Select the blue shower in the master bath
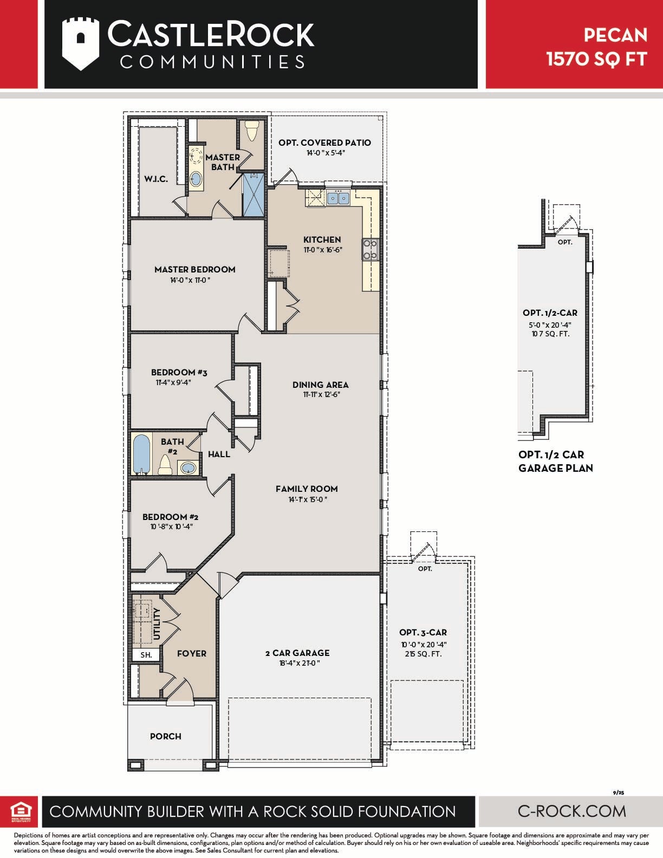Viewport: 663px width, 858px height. pyautogui.click(x=253, y=194)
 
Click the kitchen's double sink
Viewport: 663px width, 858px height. pyautogui.click(x=338, y=197)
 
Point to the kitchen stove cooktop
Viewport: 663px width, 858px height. pyautogui.click(x=370, y=249)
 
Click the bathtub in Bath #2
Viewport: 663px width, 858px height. pyautogui.click(x=141, y=454)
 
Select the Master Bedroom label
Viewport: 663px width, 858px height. pyautogui.click(x=194, y=270)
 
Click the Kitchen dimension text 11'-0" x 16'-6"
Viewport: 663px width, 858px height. pyautogui.click(x=323, y=250)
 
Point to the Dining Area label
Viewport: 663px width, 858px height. pyautogui.click(x=320, y=385)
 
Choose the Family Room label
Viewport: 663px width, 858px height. pyautogui.click(x=307, y=489)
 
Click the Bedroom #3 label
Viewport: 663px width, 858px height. pyautogui.click(x=179, y=372)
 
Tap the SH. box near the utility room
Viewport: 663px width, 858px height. pyautogui.click(x=146, y=655)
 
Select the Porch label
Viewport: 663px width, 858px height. pyautogui.click(x=165, y=736)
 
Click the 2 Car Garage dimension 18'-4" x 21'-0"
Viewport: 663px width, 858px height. pyautogui.click(x=300, y=663)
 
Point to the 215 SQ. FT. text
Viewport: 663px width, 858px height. pyautogui.click(x=423, y=654)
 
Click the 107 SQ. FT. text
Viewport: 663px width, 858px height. pyautogui.click(x=550, y=334)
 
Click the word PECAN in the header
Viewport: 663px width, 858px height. pyautogui.click(x=616, y=36)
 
